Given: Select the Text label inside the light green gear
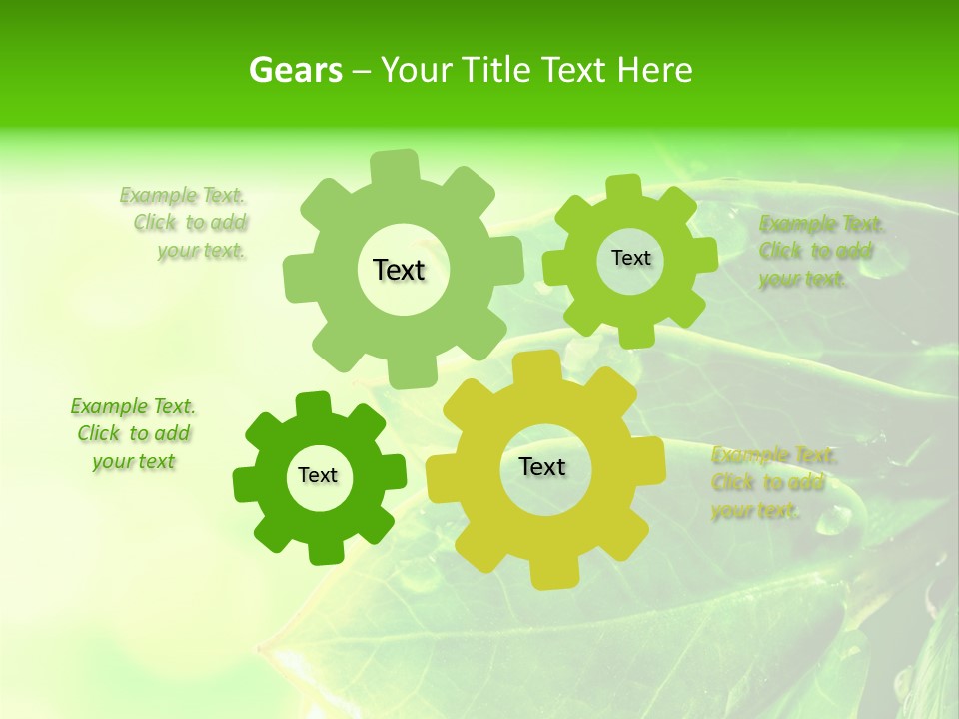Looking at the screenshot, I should tap(400, 270).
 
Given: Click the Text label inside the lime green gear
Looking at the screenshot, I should tap(630, 258).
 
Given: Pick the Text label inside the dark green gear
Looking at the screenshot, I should tap(318, 475).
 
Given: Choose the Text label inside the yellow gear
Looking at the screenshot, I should tap(542, 466).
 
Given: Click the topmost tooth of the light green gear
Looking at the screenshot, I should tap(396, 165).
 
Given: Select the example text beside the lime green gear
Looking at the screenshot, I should tap(821, 251).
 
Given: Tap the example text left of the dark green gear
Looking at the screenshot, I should tap(134, 434).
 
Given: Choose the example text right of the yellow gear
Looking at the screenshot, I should tap(773, 483).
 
